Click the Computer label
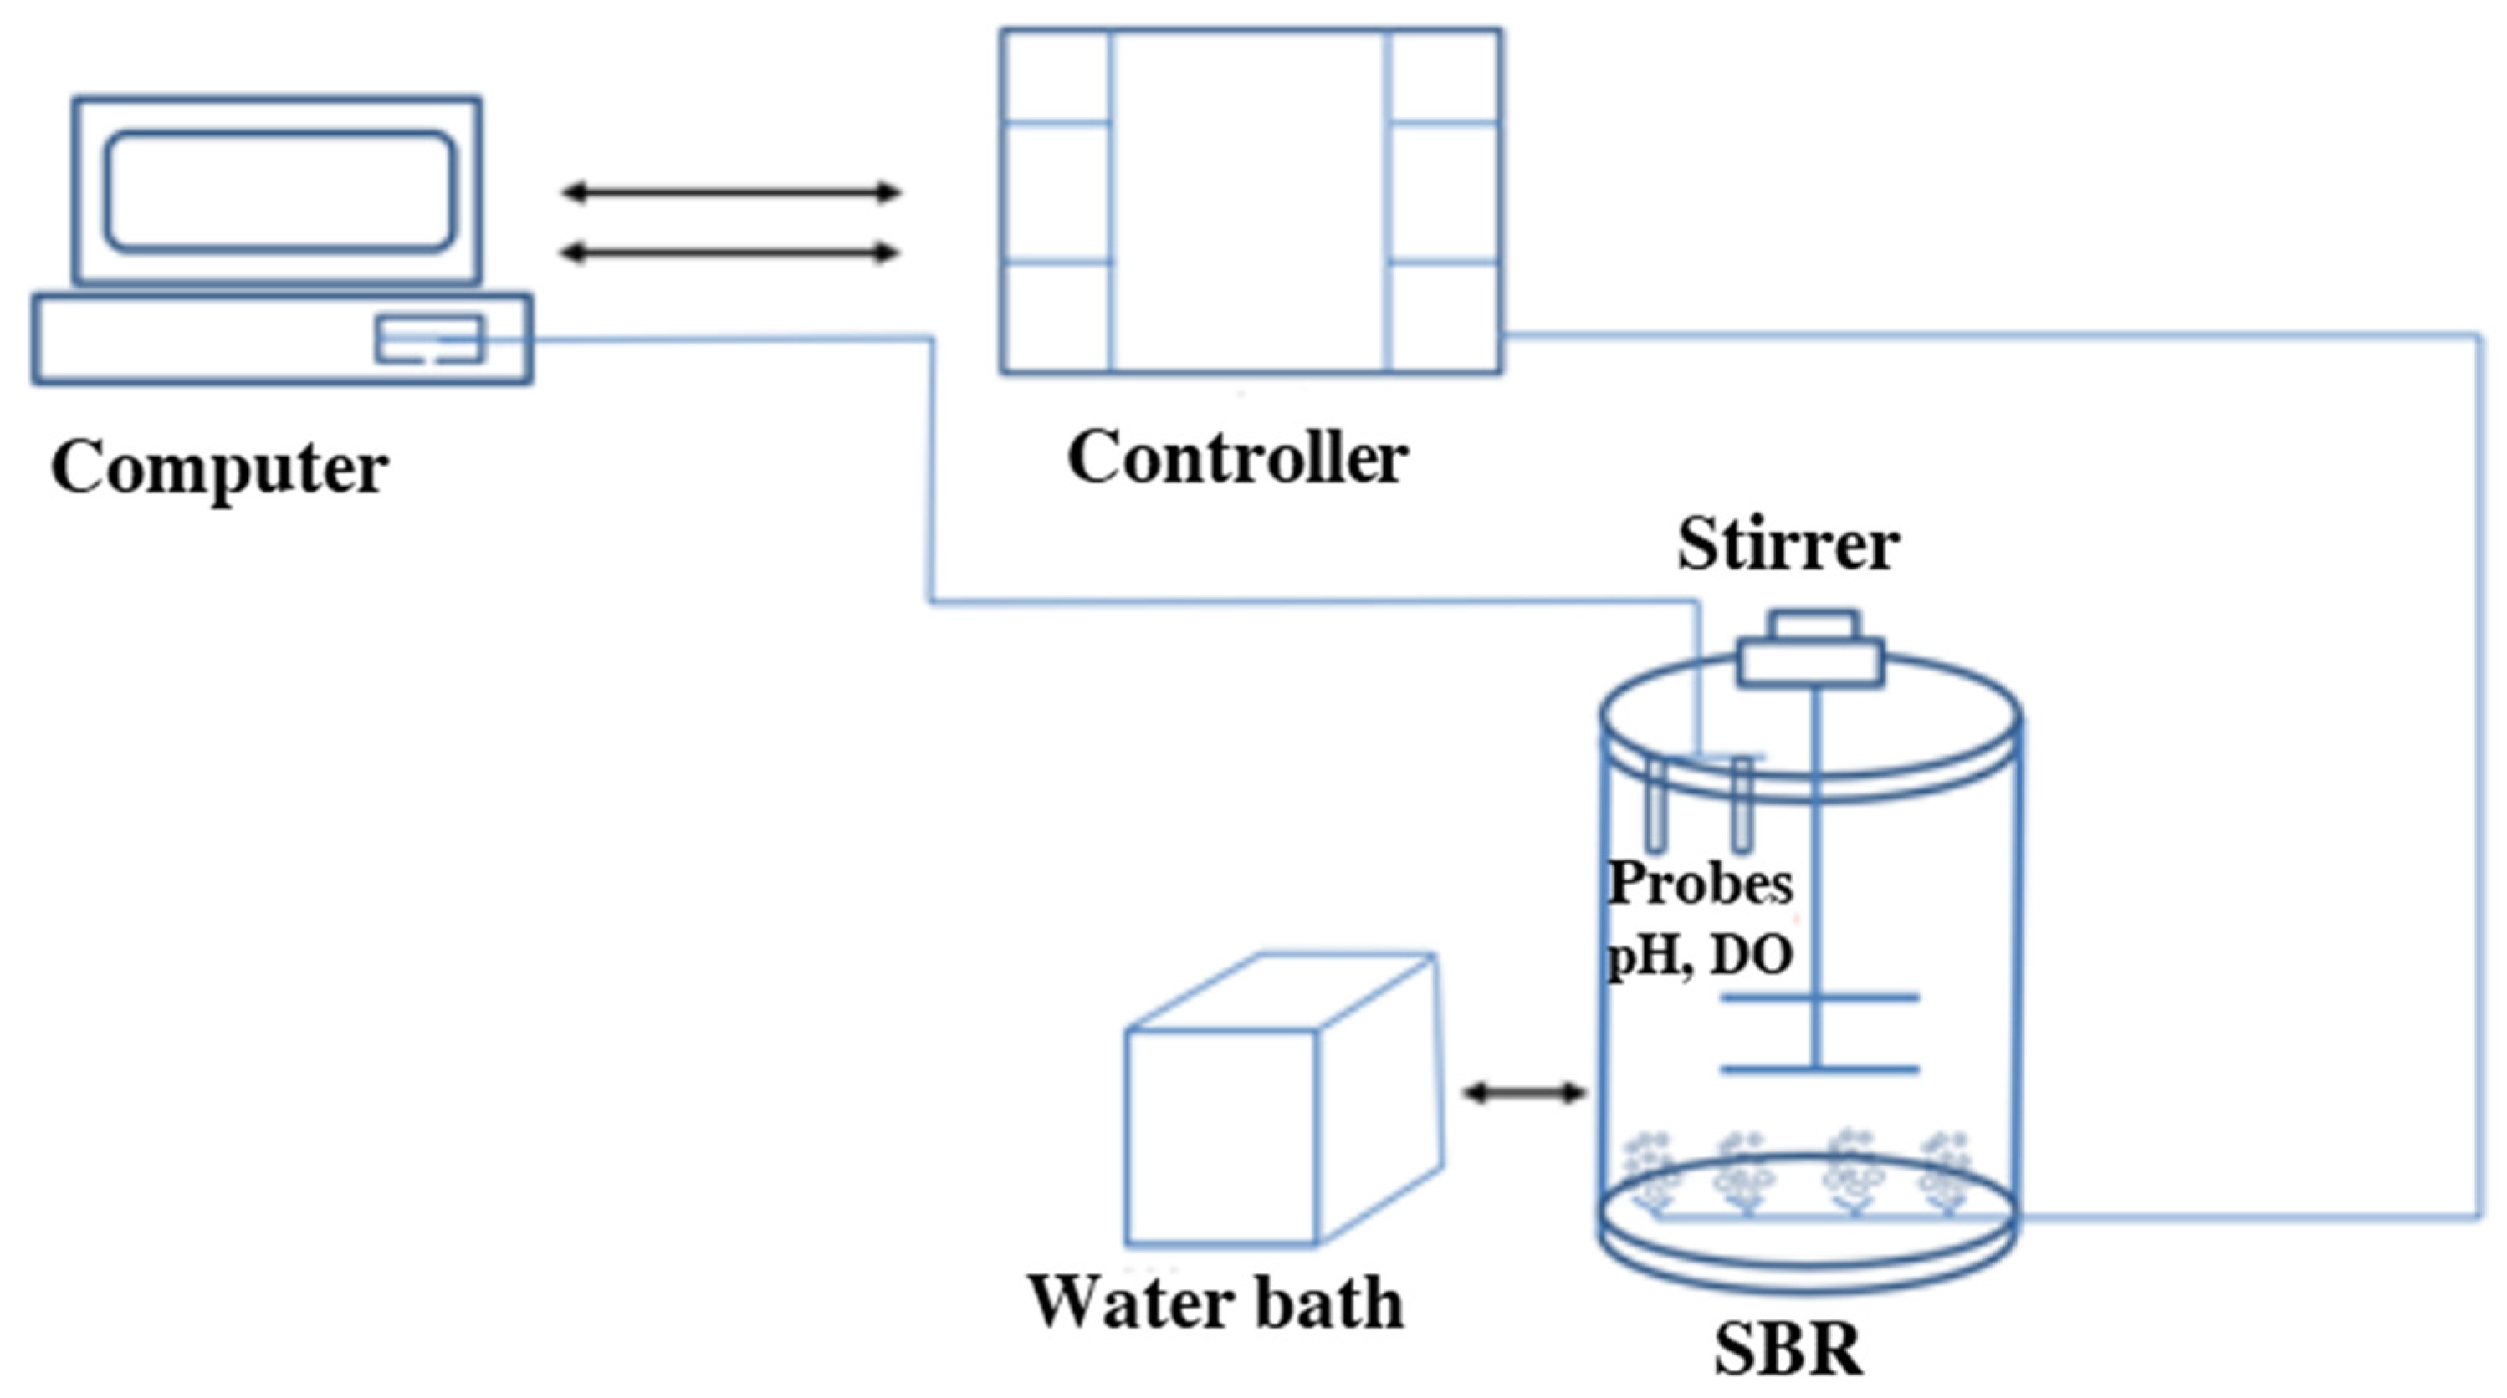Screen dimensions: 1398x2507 (x=219, y=469)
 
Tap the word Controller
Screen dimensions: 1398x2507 (x=1237, y=457)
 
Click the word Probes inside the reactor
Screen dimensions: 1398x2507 (x=1699, y=883)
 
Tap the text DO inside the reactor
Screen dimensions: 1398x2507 (x=1752, y=956)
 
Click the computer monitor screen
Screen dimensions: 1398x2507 (x=279, y=191)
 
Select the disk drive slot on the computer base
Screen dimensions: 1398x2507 (x=429, y=339)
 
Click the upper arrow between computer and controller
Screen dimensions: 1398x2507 (x=730, y=191)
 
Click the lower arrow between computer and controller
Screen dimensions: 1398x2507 (x=730, y=253)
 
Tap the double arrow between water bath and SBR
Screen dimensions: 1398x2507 (x=1524, y=1094)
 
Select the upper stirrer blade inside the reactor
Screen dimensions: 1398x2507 (x=1820, y=997)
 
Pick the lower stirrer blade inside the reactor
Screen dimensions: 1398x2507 (x=1820, y=1070)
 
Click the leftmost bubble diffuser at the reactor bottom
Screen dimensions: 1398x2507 (x=1651, y=1172)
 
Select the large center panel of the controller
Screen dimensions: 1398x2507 (x=1250, y=200)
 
